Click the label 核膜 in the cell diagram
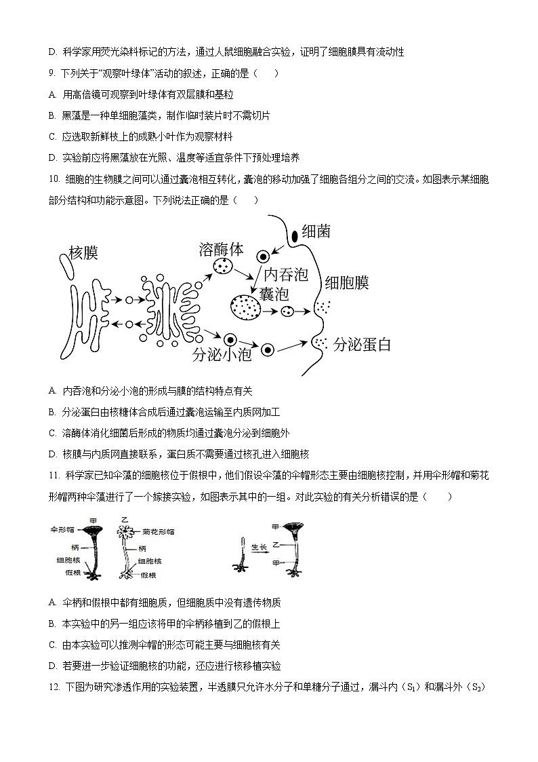pyautogui.click(x=83, y=254)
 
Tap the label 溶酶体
pyautogui.click(x=221, y=249)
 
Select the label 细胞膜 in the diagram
pyautogui.click(x=346, y=282)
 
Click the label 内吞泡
pyautogui.click(x=285, y=275)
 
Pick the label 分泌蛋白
pyautogui.click(x=363, y=344)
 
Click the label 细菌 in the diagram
pyautogui.click(x=316, y=231)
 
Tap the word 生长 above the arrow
pyautogui.click(x=259, y=545)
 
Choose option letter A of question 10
pyautogui.click(x=52, y=391)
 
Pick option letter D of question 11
pyautogui.click(x=52, y=666)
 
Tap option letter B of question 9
pyautogui.click(x=52, y=116)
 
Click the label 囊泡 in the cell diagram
pyautogui.click(x=274, y=294)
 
